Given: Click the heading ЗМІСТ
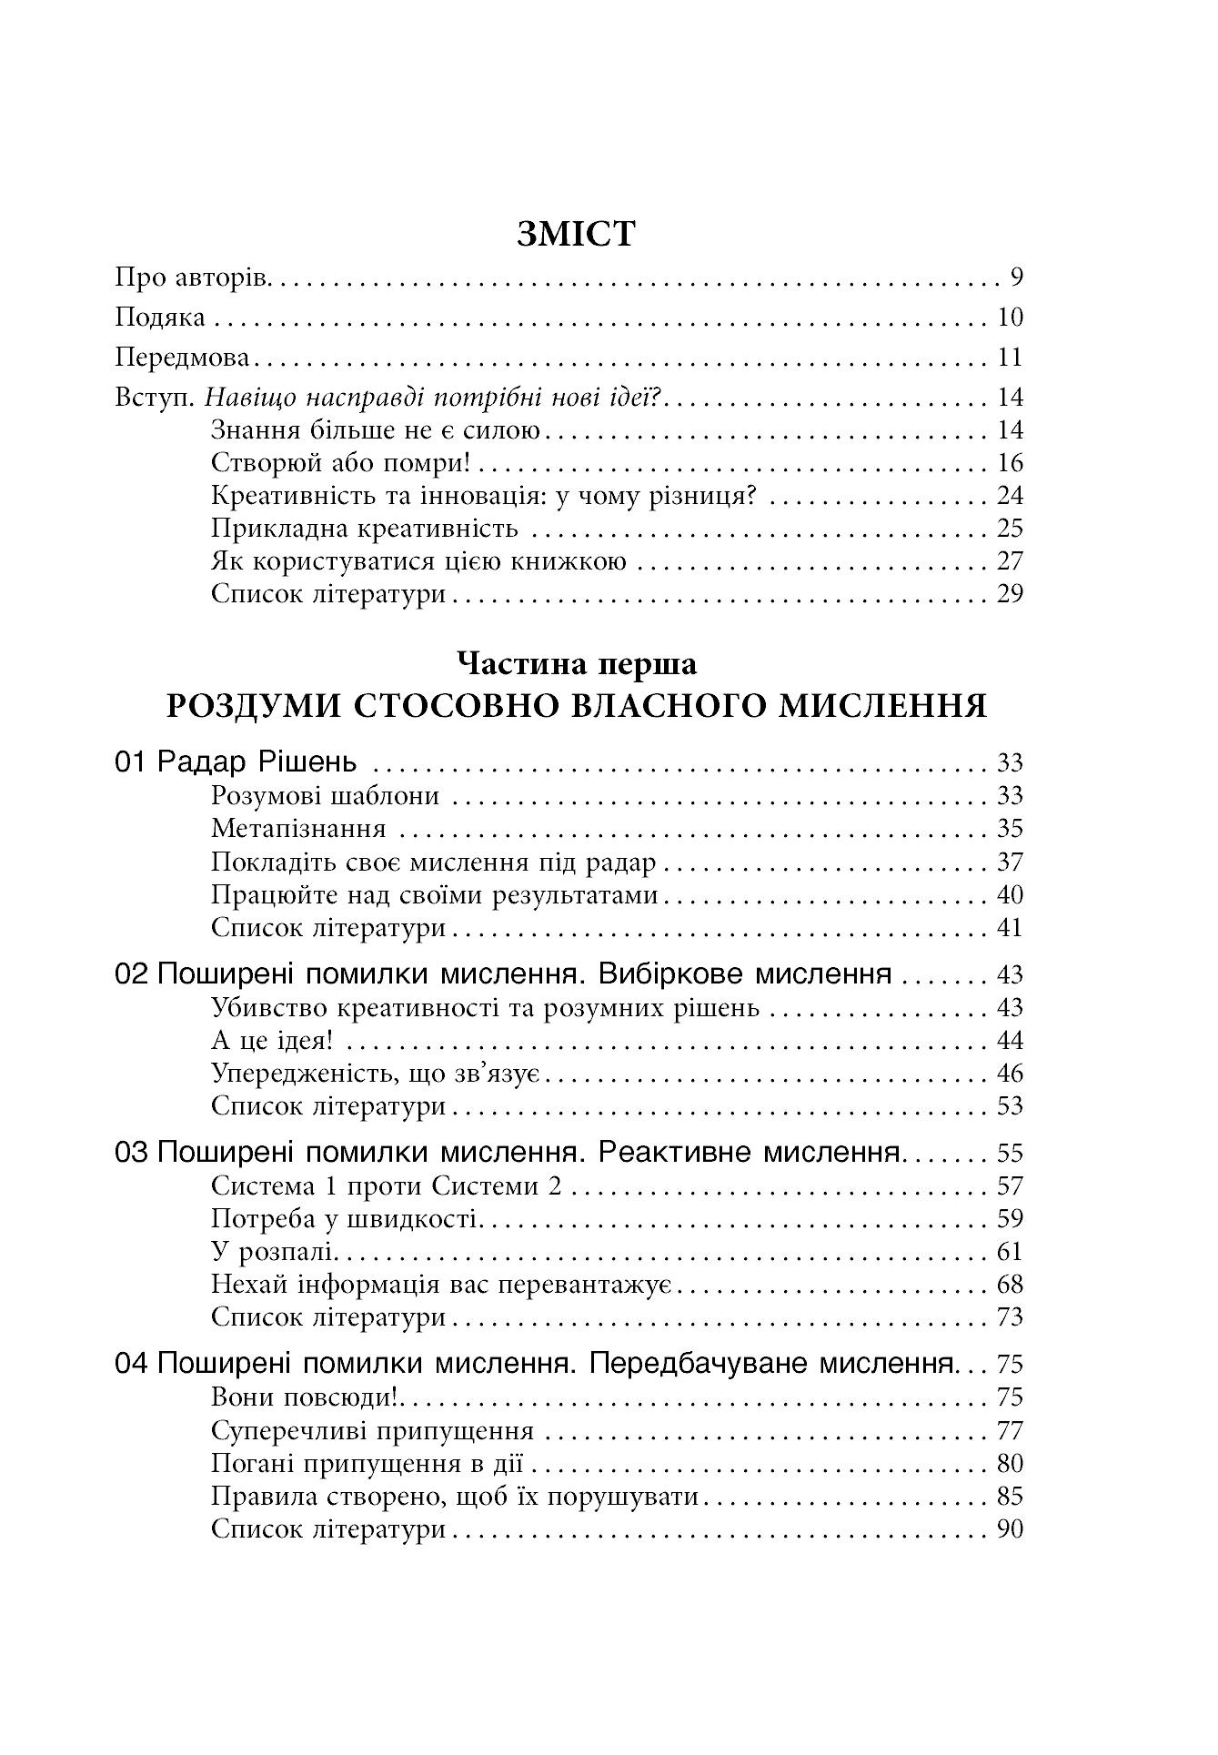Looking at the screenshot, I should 576,234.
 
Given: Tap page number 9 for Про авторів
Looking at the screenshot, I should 1015,277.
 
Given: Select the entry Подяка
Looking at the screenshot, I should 160,317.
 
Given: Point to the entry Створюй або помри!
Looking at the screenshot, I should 340,462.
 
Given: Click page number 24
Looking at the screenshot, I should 1010,495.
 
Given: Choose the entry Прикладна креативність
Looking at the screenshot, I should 364,528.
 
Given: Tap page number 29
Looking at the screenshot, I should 1010,593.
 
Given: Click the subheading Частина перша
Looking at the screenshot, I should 577,664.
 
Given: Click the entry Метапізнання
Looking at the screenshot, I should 298,828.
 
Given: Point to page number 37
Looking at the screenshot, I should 1010,862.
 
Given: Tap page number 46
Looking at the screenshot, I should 1010,1073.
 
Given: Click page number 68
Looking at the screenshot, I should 1010,1284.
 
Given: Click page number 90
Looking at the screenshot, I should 1010,1528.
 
